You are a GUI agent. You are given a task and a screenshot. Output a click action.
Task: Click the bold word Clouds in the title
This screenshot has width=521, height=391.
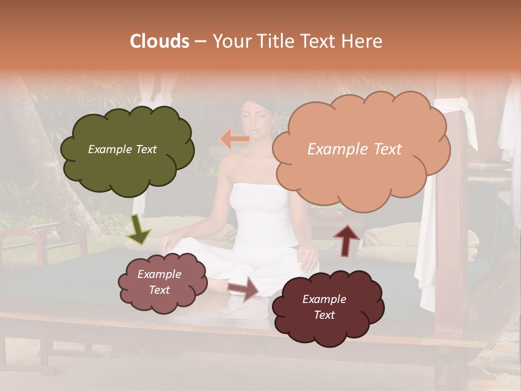tap(160, 41)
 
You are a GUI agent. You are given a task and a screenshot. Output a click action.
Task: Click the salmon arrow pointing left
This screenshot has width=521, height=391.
tap(234, 139)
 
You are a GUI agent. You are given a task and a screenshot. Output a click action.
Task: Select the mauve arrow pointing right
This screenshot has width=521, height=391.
tap(244, 288)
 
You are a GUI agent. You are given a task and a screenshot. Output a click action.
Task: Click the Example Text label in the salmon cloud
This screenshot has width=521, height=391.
tap(354, 149)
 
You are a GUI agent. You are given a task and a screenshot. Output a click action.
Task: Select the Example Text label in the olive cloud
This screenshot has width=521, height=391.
tap(122, 149)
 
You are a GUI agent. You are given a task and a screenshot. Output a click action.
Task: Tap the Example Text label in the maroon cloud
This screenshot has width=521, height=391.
tap(324, 307)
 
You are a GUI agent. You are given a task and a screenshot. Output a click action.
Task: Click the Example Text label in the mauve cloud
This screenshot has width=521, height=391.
tap(159, 282)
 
